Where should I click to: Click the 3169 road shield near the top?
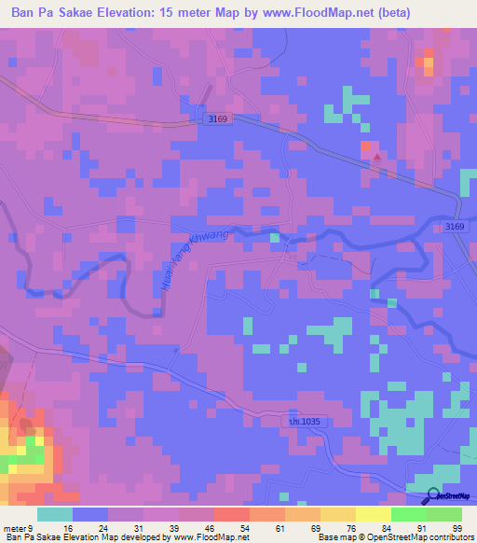[x=218, y=119]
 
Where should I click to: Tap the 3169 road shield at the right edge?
[x=455, y=227]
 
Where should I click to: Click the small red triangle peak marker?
[x=376, y=157]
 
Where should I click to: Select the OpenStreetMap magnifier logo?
[x=433, y=495]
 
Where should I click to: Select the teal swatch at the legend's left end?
[x=55, y=514]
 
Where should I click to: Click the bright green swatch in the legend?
[x=408, y=514]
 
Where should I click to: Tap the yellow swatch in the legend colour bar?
[x=373, y=514]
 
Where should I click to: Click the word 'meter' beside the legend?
[x=15, y=527]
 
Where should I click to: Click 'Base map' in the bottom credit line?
[x=336, y=537]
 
